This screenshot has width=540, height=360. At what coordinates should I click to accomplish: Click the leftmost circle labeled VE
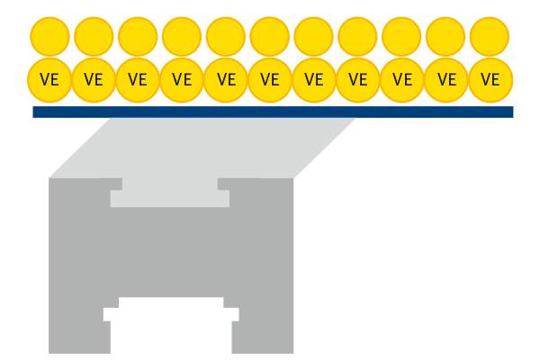point(49,78)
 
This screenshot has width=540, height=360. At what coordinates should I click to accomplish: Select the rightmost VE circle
point(490,78)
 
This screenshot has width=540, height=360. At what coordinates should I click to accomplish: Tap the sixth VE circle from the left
point(270,78)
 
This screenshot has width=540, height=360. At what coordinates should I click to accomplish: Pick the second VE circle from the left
point(94,78)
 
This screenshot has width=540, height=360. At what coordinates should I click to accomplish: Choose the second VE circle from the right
point(446,78)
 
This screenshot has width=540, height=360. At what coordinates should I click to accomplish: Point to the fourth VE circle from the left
point(182,78)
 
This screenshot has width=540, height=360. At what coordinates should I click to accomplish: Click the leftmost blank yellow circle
point(49,36)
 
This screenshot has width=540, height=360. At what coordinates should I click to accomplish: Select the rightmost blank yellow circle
point(490,36)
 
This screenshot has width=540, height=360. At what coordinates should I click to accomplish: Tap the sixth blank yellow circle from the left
point(270,36)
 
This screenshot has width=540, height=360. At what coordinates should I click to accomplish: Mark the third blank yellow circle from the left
point(138,36)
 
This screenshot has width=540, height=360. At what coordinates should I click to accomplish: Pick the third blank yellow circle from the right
point(402,36)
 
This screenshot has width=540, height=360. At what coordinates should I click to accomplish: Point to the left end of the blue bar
point(36,112)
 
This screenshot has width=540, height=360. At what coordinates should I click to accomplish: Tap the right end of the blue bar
point(509,112)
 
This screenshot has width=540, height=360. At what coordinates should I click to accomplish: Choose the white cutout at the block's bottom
point(171,324)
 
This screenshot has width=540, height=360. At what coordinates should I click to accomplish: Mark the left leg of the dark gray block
point(78,328)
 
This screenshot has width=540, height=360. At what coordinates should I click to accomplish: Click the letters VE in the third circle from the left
point(138,79)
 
